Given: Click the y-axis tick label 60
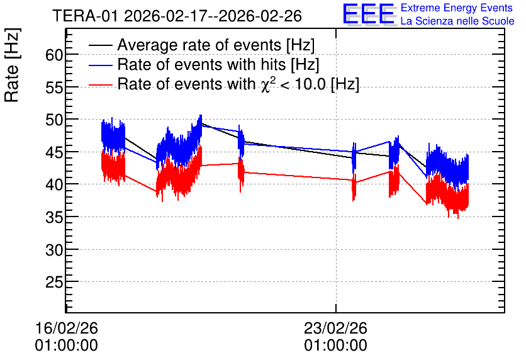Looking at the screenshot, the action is (54, 55).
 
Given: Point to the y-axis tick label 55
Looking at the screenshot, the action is (54, 87).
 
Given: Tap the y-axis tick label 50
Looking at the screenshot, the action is (54, 120).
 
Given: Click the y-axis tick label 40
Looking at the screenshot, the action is (54, 185).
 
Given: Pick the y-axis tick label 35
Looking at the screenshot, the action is (54, 217).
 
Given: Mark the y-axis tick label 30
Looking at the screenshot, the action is (54, 250).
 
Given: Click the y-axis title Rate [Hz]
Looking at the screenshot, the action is (12, 65).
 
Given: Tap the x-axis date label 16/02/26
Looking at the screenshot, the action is (67, 328).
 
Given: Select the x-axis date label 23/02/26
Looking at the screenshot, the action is (335, 328).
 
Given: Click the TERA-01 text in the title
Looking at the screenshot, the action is (86, 16).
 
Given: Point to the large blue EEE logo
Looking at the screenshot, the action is (369, 14).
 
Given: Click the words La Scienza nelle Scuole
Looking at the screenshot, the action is (457, 21).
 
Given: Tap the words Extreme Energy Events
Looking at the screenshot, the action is (457, 8).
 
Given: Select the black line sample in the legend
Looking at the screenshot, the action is (100, 45).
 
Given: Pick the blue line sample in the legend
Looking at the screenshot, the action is (100, 65).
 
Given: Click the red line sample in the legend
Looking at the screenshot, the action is (100, 85).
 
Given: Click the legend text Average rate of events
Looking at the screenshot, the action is (199, 45).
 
